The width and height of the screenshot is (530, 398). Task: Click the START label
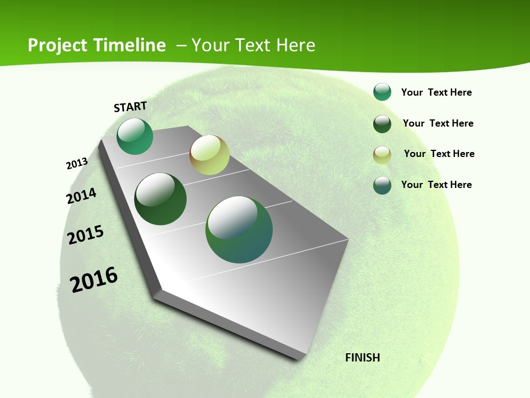coord(130,107)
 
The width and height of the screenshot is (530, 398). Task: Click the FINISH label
coord(363,358)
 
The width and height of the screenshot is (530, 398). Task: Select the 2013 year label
coord(77,164)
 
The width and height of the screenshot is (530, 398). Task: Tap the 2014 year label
coord(81,196)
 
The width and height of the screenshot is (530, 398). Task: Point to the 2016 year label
coord(94,280)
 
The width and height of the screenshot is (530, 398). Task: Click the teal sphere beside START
coord(135,137)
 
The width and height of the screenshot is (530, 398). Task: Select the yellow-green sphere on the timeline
coord(209,155)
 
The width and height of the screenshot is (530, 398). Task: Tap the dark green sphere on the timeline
coord(161,199)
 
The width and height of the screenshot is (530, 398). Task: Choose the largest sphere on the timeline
coord(239,229)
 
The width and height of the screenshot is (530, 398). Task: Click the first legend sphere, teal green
coord(382,92)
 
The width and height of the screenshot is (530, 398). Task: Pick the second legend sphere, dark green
coord(382,124)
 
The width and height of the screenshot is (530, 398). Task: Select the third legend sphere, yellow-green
coord(382,155)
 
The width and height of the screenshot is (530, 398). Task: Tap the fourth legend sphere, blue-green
coord(382,185)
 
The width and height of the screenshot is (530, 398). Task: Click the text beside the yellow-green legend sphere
coord(439,154)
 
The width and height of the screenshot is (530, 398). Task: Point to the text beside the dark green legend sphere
coord(438,123)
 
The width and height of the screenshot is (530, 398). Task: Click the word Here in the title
coord(295,45)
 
